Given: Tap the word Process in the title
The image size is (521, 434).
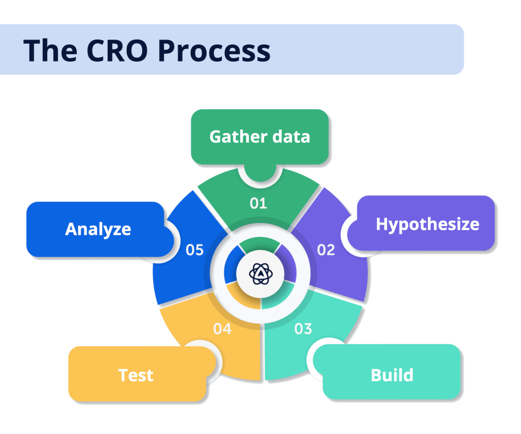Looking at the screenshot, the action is coord(214,50).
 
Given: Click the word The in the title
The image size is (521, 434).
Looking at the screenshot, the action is coord(50,50).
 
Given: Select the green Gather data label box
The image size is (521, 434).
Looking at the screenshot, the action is coord(260,137).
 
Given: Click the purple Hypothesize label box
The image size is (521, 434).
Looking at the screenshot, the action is coord(422,223).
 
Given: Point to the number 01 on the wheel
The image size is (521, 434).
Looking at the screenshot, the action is coord(258,203).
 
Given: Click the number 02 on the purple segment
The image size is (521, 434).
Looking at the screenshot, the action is coord(326,250).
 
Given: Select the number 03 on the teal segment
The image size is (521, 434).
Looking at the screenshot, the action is coord(303,329).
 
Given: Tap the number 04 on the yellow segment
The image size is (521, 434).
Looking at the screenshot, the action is coord(222,329).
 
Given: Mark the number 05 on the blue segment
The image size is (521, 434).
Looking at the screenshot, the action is coord(195,250).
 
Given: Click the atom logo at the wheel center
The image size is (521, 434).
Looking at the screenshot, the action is coord(261,274).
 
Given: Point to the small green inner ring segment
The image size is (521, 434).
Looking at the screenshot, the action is coord(260,244).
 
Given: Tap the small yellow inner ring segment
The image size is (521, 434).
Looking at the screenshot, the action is coord(243,297).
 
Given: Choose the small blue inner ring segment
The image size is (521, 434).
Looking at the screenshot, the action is coord(232,264).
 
